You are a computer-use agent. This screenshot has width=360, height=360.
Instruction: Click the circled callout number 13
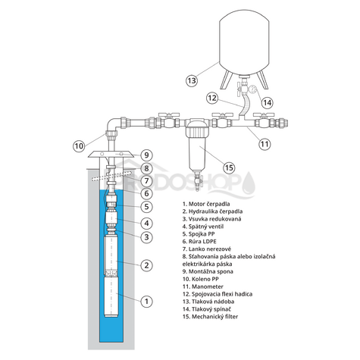click(x=192, y=80)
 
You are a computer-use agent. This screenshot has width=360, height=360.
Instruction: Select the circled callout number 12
click(x=212, y=98)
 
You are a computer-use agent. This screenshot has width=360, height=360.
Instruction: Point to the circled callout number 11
click(x=265, y=144)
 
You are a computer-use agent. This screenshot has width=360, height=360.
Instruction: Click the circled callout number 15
click(x=229, y=167)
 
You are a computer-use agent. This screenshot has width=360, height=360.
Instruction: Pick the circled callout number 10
click(x=79, y=146)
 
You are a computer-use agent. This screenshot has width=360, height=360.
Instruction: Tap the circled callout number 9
click(x=146, y=155)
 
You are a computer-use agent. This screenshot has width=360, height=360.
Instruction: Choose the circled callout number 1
click(x=146, y=301)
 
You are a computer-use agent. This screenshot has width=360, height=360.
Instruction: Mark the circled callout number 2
click(x=146, y=265)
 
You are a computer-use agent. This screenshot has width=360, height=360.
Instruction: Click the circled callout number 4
click(x=146, y=224)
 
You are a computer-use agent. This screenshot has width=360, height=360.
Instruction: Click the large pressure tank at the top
click(x=244, y=43)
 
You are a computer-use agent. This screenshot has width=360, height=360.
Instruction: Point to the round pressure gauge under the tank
click(x=254, y=91)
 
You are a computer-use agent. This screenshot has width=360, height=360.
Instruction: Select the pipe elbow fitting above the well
click(x=113, y=127)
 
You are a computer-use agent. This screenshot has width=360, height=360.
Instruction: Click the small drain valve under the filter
click(x=197, y=180)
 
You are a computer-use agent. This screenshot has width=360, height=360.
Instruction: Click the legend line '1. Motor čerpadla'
click(x=206, y=204)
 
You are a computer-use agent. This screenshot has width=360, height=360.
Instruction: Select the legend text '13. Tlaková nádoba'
click(x=208, y=302)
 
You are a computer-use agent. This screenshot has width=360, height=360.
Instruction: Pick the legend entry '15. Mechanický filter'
click(x=210, y=317)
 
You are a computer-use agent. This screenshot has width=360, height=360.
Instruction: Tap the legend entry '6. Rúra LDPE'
click(x=199, y=242)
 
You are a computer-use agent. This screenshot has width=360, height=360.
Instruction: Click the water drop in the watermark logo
click(x=249, y=183)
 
